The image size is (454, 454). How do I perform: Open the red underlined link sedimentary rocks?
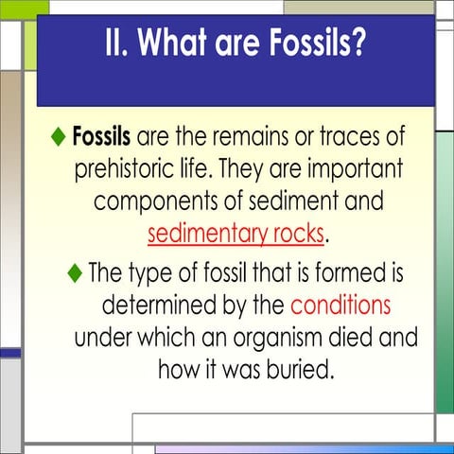pyautogui.click(x=236, y=233)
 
